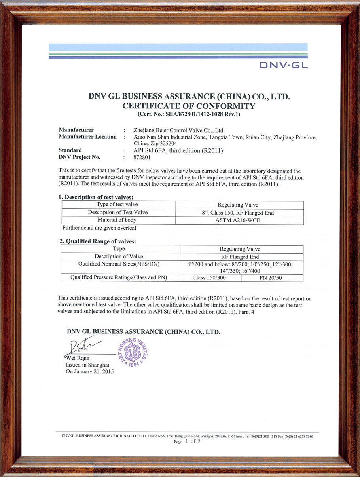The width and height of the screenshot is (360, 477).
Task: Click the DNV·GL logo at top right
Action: (x=283, y=65)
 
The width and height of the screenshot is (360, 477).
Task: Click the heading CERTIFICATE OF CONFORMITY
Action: (x=189, y=106)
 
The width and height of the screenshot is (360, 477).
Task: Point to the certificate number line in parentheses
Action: (x=189, y=114)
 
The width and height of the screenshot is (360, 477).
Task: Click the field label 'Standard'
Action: (x=70, y=150)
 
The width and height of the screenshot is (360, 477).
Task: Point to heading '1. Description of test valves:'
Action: (x=96, y=197)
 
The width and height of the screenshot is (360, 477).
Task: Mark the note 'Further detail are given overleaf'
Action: (x=100, y=228)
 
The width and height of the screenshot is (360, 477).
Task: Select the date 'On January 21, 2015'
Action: (x=89, y=372)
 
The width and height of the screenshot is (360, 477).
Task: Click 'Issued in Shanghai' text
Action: (x=87, y=365)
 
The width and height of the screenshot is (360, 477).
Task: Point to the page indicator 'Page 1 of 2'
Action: (x=187, y=442)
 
